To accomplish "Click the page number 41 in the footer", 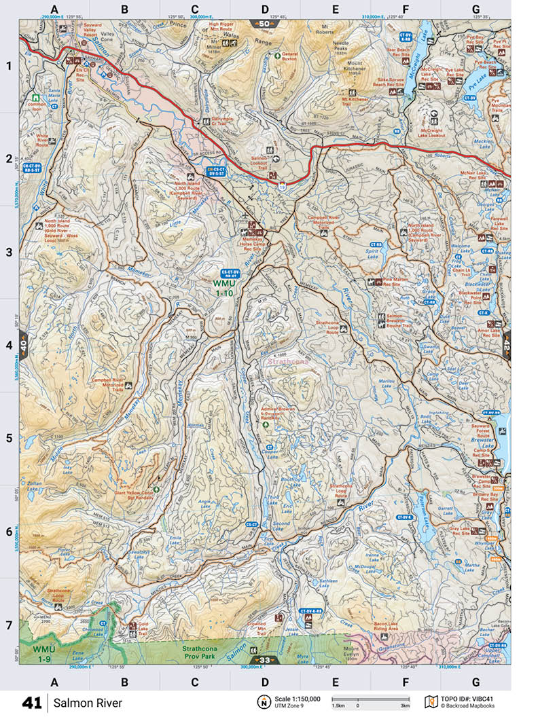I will coord(33,703).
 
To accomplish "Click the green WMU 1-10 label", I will coord(223,288).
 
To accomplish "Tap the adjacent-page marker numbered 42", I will coord(506,346).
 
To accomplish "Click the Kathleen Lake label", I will coord(328,584).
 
